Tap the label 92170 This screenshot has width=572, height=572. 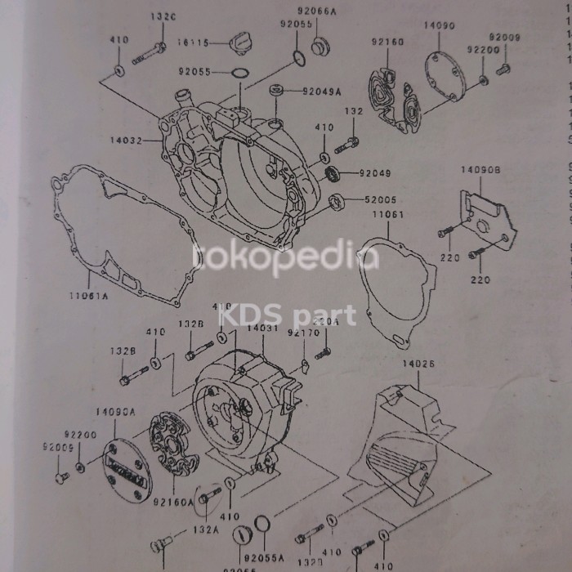pos(303,333)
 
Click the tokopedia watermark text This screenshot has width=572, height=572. pos(286,258)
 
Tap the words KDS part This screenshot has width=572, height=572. pos(286,314)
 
